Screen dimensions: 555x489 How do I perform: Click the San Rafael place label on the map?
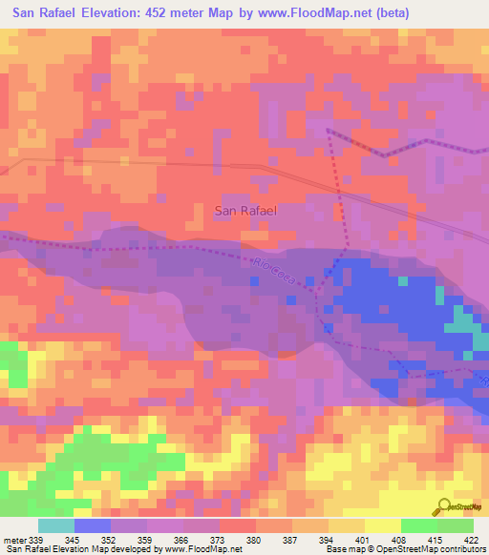tap(245, 211)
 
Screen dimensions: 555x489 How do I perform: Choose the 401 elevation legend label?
tap(364, 541)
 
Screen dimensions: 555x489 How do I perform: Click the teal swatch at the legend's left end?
tap(56, 525)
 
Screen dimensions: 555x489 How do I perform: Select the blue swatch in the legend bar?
tap(93, 525)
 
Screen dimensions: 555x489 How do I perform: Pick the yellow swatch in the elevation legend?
tap(383, 525)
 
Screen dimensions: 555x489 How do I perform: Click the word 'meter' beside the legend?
tap(14, 541)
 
